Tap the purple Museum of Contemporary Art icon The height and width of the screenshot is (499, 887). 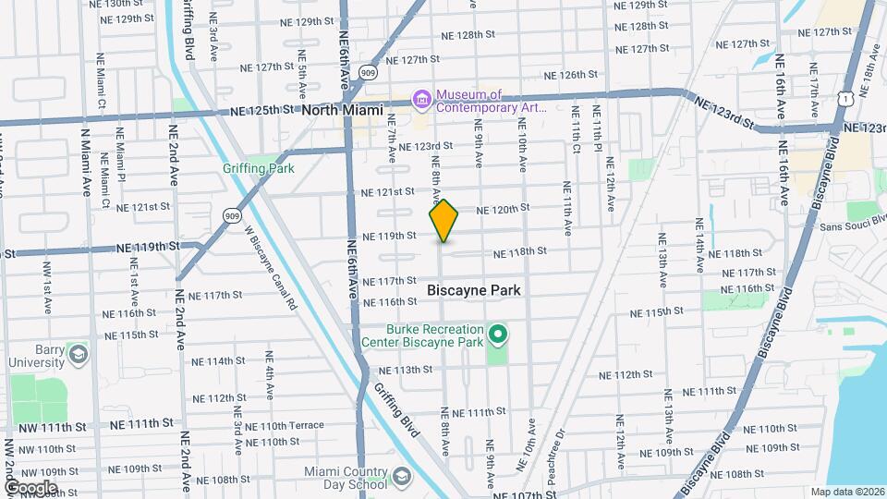pos(421,98)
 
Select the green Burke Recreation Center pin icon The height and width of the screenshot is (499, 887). pos(497,334)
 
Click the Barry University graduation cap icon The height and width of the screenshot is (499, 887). pos(79,354)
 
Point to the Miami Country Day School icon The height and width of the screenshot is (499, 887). pos(401,477)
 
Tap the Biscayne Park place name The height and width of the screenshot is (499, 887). pos(474,290)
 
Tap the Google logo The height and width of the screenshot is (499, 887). pos(30,487)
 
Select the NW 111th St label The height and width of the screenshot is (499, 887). pos(55,427)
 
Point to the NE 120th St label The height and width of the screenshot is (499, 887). pos(502,209)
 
